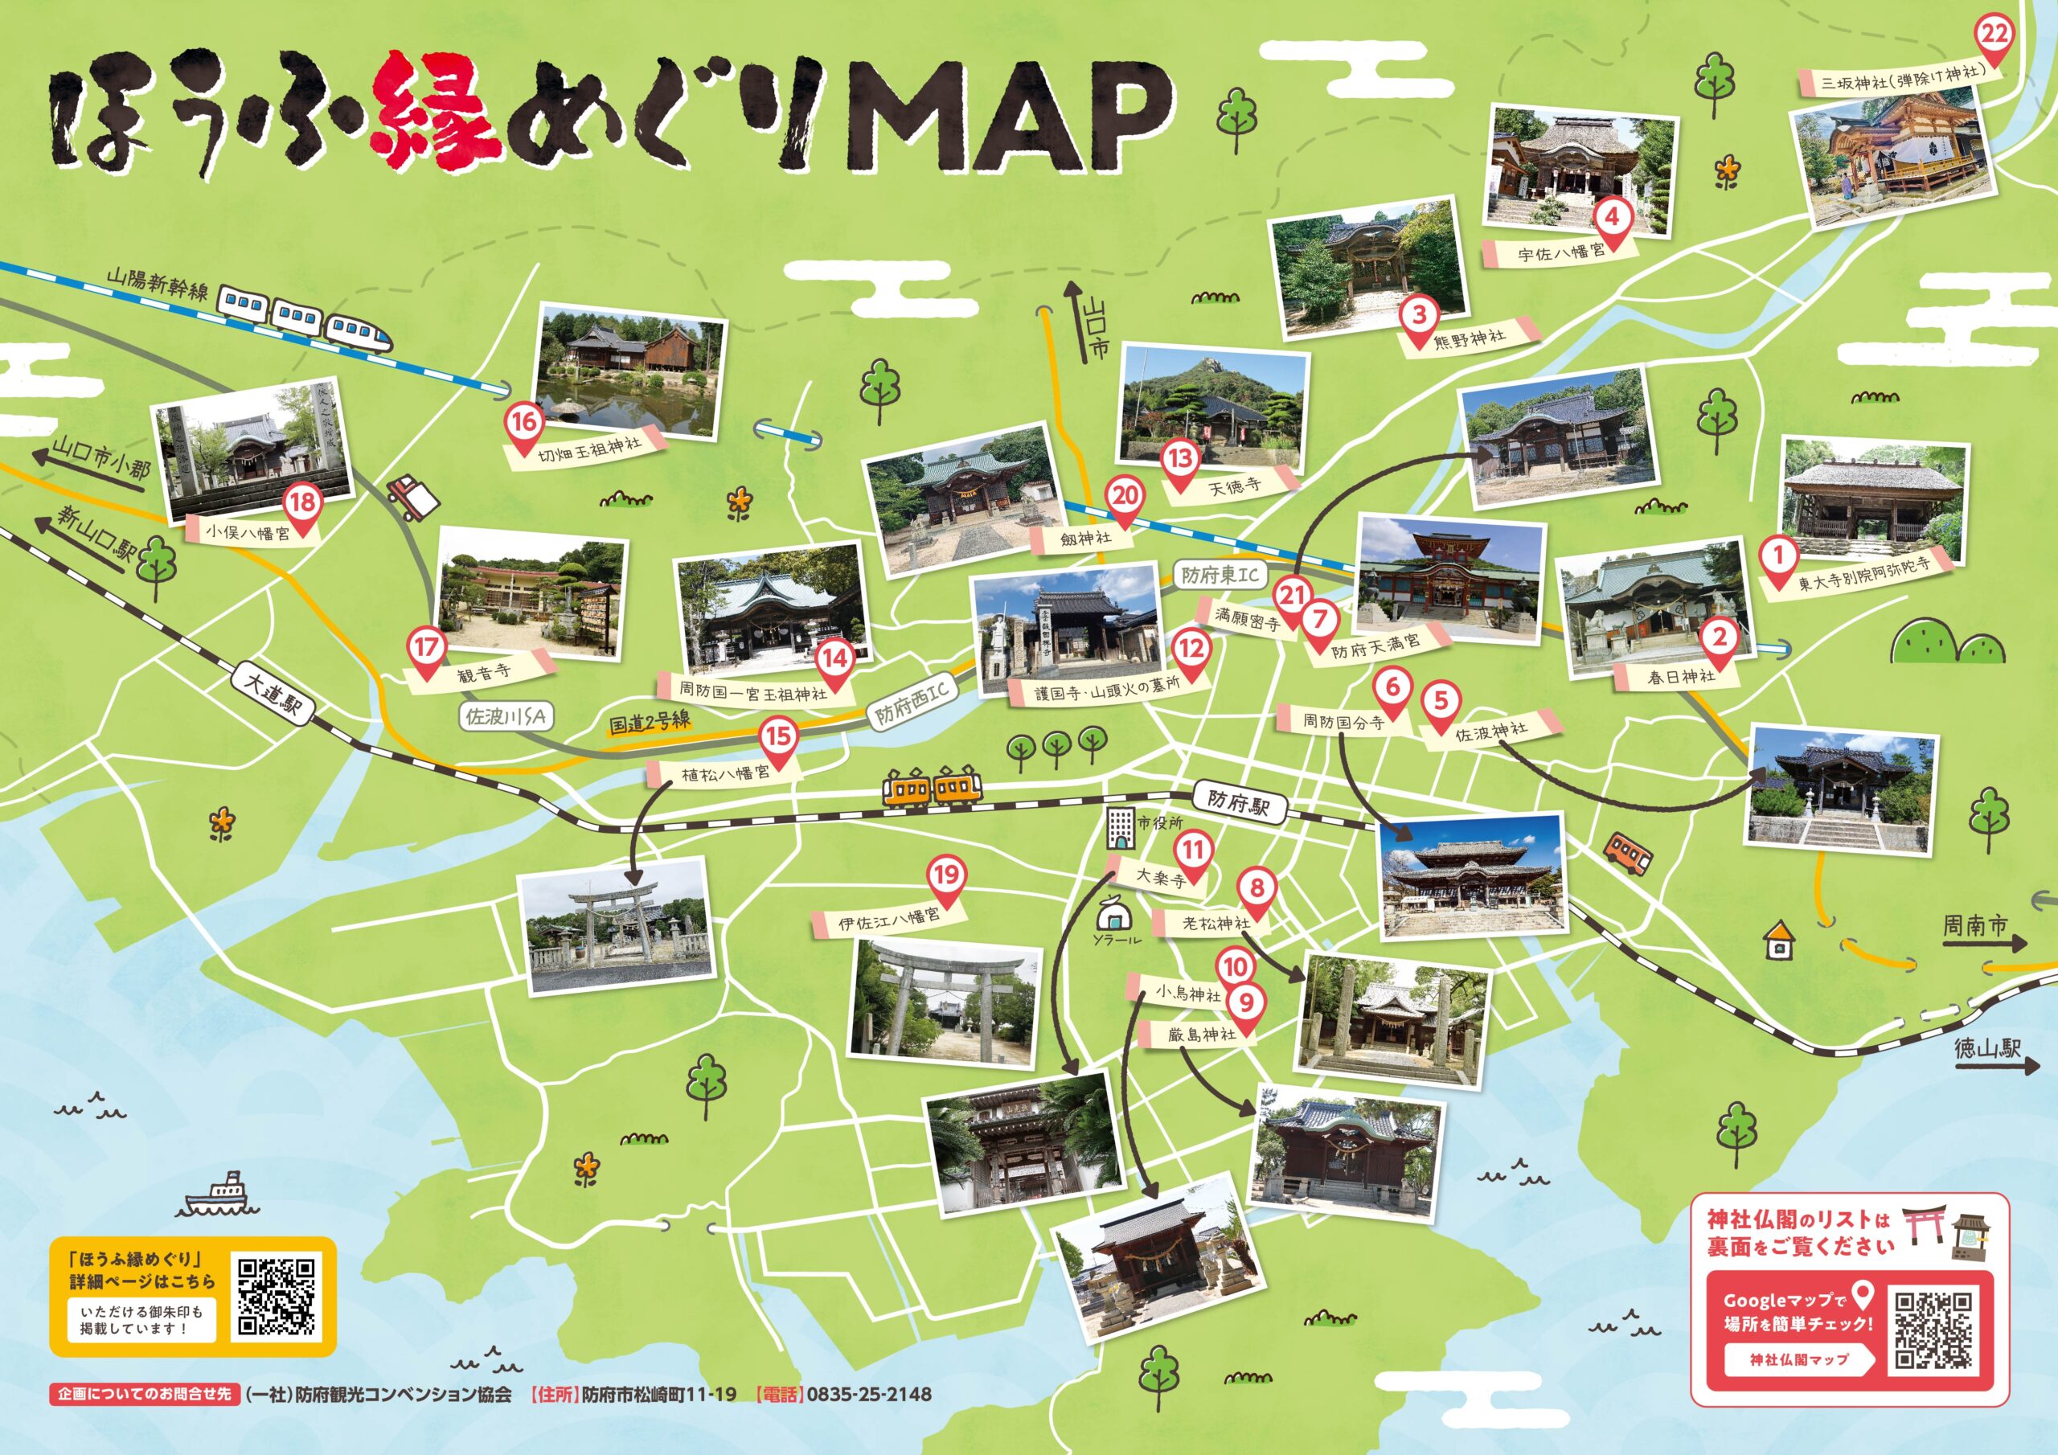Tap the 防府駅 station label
1240,801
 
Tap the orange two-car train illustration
933,788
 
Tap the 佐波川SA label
506,716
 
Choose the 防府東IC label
1219,575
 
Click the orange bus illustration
1628,854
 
